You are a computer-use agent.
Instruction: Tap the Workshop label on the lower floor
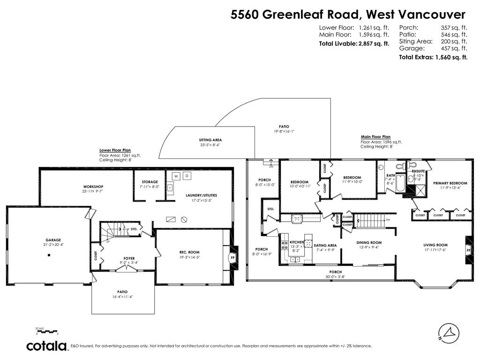93,187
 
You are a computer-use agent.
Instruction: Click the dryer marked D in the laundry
187,176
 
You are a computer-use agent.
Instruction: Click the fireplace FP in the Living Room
468,251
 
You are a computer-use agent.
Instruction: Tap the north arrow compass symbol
448,332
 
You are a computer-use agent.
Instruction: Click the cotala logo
46,346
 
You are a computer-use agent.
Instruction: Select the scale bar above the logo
46,331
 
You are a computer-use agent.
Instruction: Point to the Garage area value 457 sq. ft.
454,48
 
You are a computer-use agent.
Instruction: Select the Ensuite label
418,172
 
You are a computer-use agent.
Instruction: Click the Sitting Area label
210,140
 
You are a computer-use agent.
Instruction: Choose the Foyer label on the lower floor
129,258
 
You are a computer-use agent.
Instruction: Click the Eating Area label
325,245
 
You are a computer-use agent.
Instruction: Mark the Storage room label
150,182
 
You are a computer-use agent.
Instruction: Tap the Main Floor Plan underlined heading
375,137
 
